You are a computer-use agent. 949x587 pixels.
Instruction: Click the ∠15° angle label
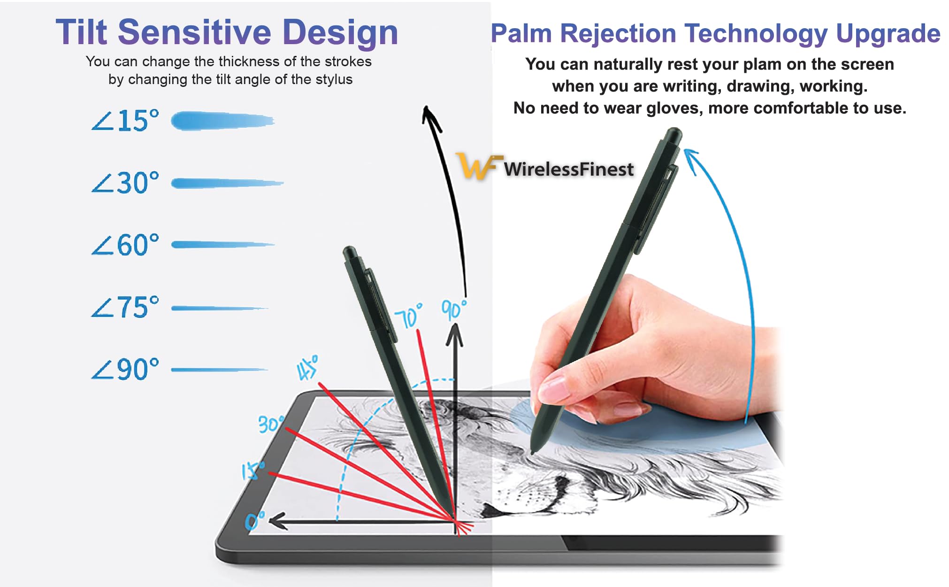point(125,121)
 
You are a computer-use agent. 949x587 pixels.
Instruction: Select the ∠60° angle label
point(125,245)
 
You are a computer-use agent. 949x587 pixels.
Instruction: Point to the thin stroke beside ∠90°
point(219,370)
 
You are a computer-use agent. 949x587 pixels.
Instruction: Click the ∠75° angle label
point(125,307)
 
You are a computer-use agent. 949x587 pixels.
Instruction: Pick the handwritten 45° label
point(307,367)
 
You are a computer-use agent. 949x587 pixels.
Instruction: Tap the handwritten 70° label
point(408,316)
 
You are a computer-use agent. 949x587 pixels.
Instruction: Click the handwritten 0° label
point(254,520)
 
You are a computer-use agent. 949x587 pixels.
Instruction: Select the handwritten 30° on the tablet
point(271,424)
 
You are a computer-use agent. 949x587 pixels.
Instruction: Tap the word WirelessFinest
point(568,169)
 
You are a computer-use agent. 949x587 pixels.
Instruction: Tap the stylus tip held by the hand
point(533,452)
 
